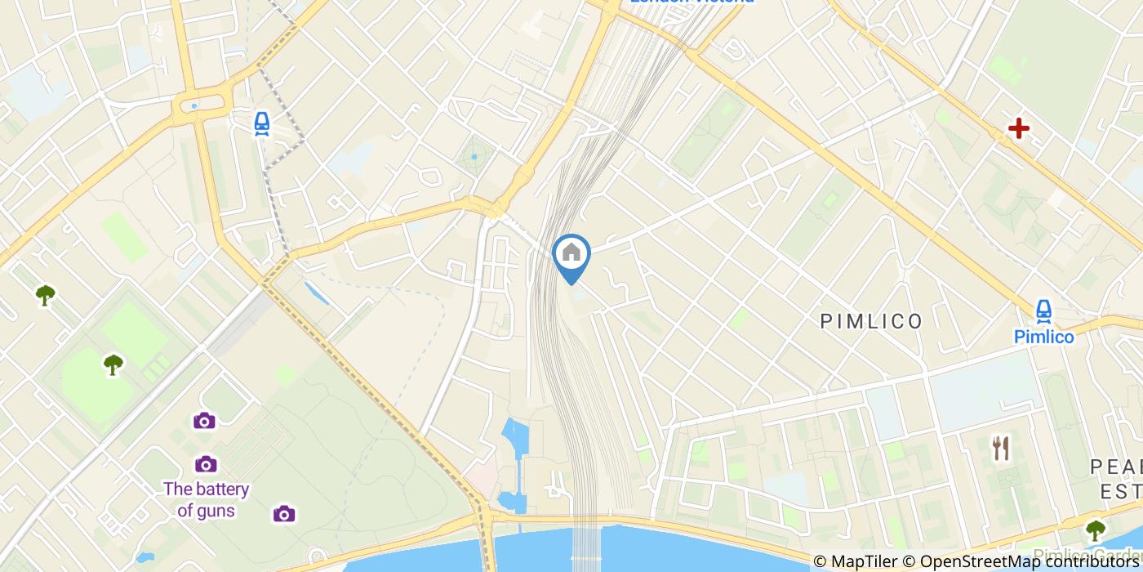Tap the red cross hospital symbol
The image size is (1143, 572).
coord(1018,128)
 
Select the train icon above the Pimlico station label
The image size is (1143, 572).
coord(1043,311)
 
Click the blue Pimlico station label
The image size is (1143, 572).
coord(1043,337)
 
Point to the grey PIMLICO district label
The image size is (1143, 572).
coord(872,321)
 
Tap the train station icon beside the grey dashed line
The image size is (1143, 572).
coord(261,123)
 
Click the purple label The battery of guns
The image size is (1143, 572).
coord(206,500)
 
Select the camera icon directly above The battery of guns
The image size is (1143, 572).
coord(206,464)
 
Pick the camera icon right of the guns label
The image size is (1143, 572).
coord(283,513)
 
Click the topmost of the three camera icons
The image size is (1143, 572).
coord(204,421)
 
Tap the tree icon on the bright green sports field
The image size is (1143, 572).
coord(113,364)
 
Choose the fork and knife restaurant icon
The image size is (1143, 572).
coord(1001,447)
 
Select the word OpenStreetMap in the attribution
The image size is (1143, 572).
coord(972,561)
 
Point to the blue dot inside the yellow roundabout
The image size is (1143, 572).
coord(193,105)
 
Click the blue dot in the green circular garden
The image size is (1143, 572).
coord(474,156)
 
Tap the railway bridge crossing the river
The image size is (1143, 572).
coord(585,547)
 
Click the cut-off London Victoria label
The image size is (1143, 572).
coord(691,2)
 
